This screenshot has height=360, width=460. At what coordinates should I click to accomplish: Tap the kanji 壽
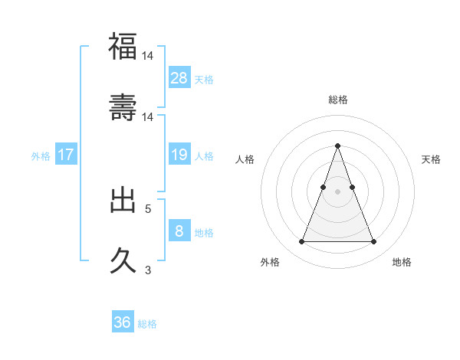pos(123,107)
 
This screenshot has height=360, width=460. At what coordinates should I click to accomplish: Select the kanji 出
pos(123,201)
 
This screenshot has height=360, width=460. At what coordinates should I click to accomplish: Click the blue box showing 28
pos(179,77)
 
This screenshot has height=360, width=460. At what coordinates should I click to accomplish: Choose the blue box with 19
pos(179,155)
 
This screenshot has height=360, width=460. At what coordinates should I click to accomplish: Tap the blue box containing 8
pos(179,231)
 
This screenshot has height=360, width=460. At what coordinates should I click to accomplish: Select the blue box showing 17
pos(66,155)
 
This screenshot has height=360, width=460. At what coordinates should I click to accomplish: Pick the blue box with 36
pos(123,322)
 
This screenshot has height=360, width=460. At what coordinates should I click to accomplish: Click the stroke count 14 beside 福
pos(148,56)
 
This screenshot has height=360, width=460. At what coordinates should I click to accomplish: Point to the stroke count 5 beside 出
pos(148,208)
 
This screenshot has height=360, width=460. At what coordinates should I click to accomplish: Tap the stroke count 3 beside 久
pos(148,270)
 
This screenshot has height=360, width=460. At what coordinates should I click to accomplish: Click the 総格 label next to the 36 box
pos(147,324)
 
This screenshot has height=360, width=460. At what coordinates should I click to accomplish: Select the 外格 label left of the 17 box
pos(41,156)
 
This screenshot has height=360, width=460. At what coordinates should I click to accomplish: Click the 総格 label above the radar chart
pos(337,100)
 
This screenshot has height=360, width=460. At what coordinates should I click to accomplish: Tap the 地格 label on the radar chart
pos(402,262)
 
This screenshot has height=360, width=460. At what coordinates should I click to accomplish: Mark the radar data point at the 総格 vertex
pos(337,146)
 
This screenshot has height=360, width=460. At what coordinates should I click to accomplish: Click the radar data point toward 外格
pos(301,242)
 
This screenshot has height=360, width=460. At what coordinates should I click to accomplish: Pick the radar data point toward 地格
pos(373,242)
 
